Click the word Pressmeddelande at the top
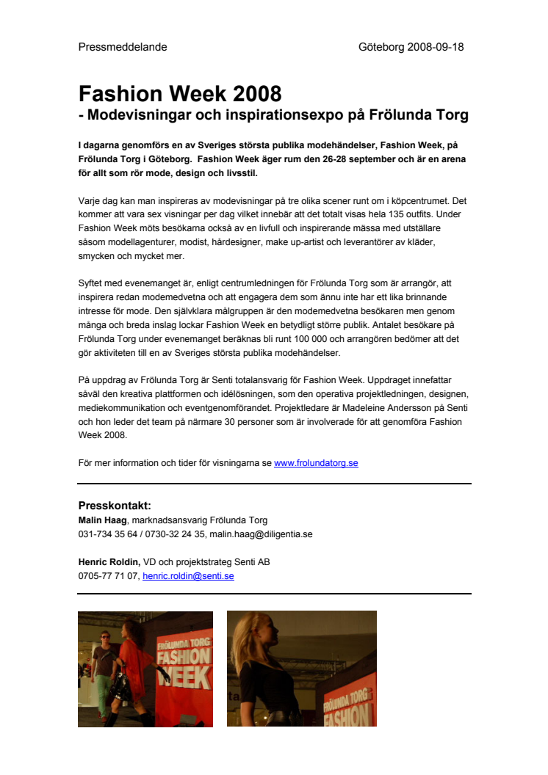pos(123,47)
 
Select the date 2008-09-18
pos(435,47)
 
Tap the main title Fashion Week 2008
pos(180,94)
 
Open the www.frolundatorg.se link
pos(316,463)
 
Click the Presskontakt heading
pos(115,505)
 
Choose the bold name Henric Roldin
pos(109,562)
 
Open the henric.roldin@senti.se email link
pos(188,576)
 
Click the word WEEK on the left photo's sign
pos(185,677)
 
